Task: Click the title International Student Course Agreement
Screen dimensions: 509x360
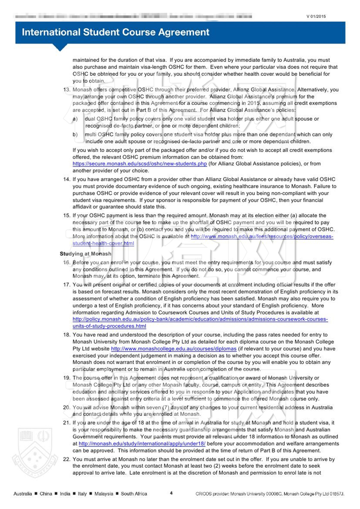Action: (x=115, y=32)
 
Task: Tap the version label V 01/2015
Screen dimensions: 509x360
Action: (x=316, y=16)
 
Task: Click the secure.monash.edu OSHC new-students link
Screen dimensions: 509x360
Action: (x=140, y=164)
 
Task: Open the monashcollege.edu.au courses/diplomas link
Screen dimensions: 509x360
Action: (x=174, y=349)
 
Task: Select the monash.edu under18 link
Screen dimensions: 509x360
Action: (x=142, y=444)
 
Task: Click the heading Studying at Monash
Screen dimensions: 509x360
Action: (x=86, y=254)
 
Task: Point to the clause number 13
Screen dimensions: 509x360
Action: (x=67, y=90)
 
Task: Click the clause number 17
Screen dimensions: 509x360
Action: (x=67, y=285)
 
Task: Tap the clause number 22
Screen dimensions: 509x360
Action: (x=67, y=459)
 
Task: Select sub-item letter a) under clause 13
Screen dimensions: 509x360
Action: (x=75, y=119)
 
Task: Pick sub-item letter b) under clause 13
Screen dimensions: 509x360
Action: (x=75, y=135)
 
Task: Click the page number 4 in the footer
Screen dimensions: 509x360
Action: (x=171, y=493)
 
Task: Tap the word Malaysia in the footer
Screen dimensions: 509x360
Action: (x=104, y=494)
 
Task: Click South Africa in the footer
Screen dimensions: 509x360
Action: (x=134, y=494)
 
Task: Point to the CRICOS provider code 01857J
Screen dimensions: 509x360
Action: (x=337, y=494)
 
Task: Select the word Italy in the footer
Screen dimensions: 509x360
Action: (x=82, y=494)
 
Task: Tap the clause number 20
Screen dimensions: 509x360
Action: (x=67, y=408)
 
